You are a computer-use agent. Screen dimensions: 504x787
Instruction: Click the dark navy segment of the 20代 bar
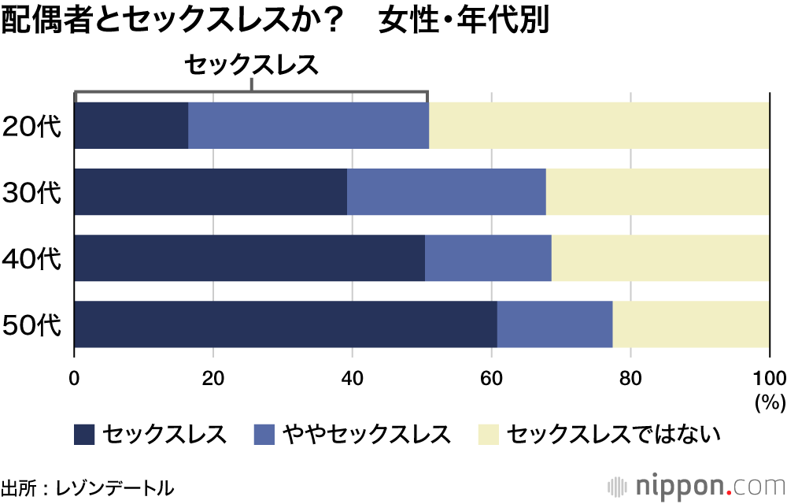[x=131, y=125]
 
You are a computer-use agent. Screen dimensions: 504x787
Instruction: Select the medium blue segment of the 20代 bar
[x=309, y=125]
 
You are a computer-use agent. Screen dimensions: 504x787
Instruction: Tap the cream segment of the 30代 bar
[x=657, y=191]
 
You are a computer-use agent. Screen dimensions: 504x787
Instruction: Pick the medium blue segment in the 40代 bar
[x=488, y=258]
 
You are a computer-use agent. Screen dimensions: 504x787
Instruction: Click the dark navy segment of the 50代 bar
[x=286, y=324]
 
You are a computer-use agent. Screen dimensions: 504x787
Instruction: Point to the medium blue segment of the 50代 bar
[x=555, y=324]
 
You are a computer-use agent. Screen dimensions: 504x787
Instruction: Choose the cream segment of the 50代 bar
[x=691, y=324]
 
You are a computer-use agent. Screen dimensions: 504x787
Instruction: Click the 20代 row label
[x=32, y=126]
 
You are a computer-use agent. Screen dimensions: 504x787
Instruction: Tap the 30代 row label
[x=32, y=192]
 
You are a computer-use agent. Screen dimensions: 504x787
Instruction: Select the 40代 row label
[x=32, y=258]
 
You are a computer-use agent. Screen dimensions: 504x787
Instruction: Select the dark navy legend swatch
[x=84, y=433]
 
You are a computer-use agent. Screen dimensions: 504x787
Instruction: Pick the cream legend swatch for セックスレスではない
[x=489, y=433]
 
